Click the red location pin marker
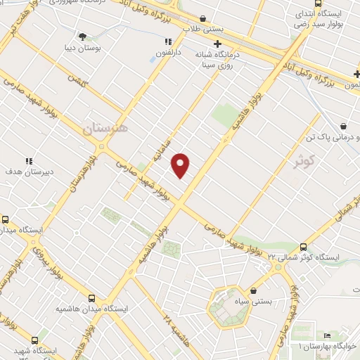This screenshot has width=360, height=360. pyautogui.click(x=181, y=164)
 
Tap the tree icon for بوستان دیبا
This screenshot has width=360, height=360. pyautogui.click(x=83, y=36)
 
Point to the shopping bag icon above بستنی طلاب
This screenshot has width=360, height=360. pyautogui.click(x=203, y=18)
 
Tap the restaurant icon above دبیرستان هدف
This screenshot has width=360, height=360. pyautogui.click(x=29, y=160)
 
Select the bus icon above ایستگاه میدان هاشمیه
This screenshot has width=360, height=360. pyautogui.click(x=93, y=297)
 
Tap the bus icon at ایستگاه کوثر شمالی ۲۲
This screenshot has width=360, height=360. pyautogui.click(x=303, y=247)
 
